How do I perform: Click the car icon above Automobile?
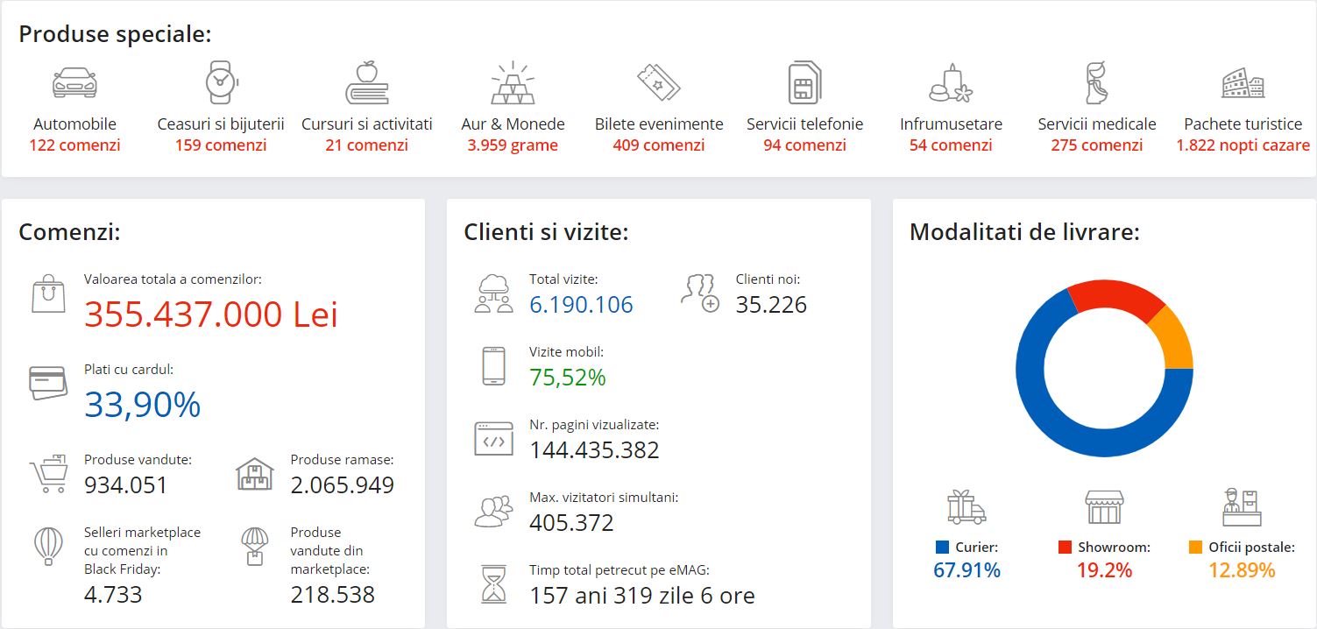tap(74, 82)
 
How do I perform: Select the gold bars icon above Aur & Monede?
tap(513, 83)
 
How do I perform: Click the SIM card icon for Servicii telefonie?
tap(804, 83)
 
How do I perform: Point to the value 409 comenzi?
tap(659, 145)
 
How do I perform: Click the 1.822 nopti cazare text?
tap(1243, 145)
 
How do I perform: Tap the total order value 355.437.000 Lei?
tap(210, 314)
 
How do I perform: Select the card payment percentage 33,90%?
tap(143, 404)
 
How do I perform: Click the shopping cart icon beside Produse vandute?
tap(49, 474)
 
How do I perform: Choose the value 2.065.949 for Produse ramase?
tap(342, 484)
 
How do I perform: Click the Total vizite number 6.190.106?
tap(581, 304)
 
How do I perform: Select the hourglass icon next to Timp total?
tap(494, 583)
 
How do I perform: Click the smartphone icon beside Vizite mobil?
tap(493, 366)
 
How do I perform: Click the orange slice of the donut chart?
tap(1172, 337)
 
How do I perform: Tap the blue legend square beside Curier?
tap(942, 548)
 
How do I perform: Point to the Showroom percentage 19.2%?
tap(1104, 570)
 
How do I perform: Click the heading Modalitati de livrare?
tap(1024, 232)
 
